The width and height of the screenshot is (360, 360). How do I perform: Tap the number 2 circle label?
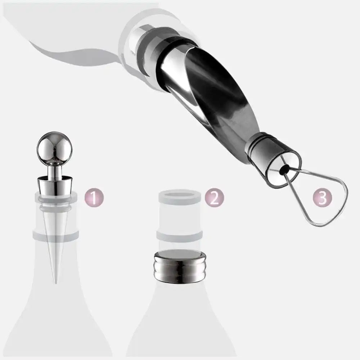(x=214, y=198)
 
